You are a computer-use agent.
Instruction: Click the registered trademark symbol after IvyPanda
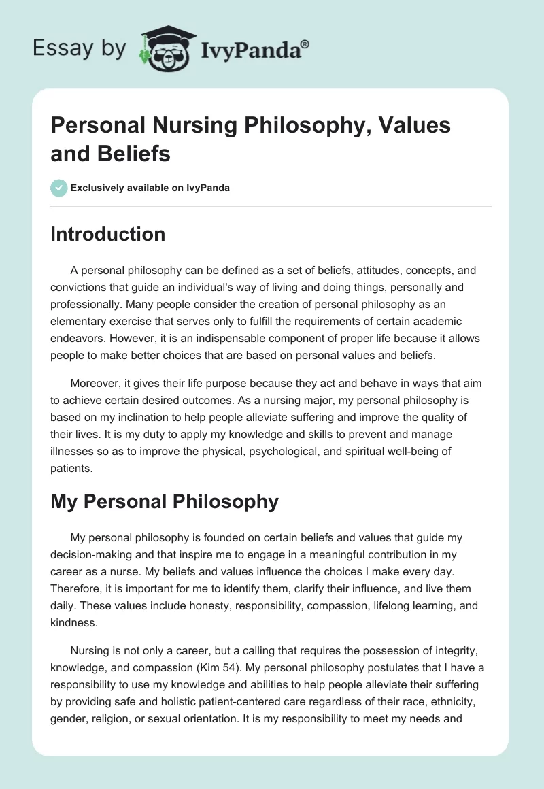tap(305, 44)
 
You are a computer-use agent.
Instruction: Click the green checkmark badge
tap(58, 188)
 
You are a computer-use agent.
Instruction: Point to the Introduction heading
tap(108, 234)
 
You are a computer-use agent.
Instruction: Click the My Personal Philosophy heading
tap(165, 501)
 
